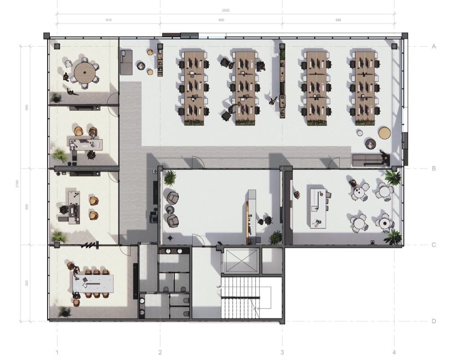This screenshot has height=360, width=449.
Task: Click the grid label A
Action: tap(434, 46)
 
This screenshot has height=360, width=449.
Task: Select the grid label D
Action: tap(434, 321)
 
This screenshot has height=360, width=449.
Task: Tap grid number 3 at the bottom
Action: tap(282, 352)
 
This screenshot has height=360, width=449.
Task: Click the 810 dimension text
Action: tap(108, 20)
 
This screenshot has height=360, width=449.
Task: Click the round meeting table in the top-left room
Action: tap(84, 71)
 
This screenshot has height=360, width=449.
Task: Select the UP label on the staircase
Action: tap(219, 287)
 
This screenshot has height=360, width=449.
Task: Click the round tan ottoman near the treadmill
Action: tap(384, 133)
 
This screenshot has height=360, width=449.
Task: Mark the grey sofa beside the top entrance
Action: tap(126, 62)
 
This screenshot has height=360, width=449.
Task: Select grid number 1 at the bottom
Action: tap(57, 352)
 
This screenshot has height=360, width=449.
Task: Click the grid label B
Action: tap(434, 169)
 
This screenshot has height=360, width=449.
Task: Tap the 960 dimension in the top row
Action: tap(221, 20)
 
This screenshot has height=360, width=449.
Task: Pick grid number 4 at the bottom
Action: tap(394, 352)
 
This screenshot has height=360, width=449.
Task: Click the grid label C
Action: tap(434, 245)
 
